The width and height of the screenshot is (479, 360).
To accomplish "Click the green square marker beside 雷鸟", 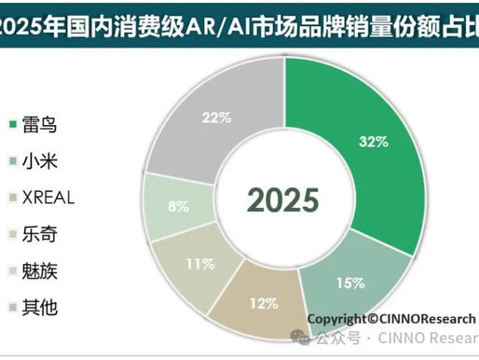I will [x=10, y=123].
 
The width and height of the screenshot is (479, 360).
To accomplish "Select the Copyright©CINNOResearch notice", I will [x=392, y=317].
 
